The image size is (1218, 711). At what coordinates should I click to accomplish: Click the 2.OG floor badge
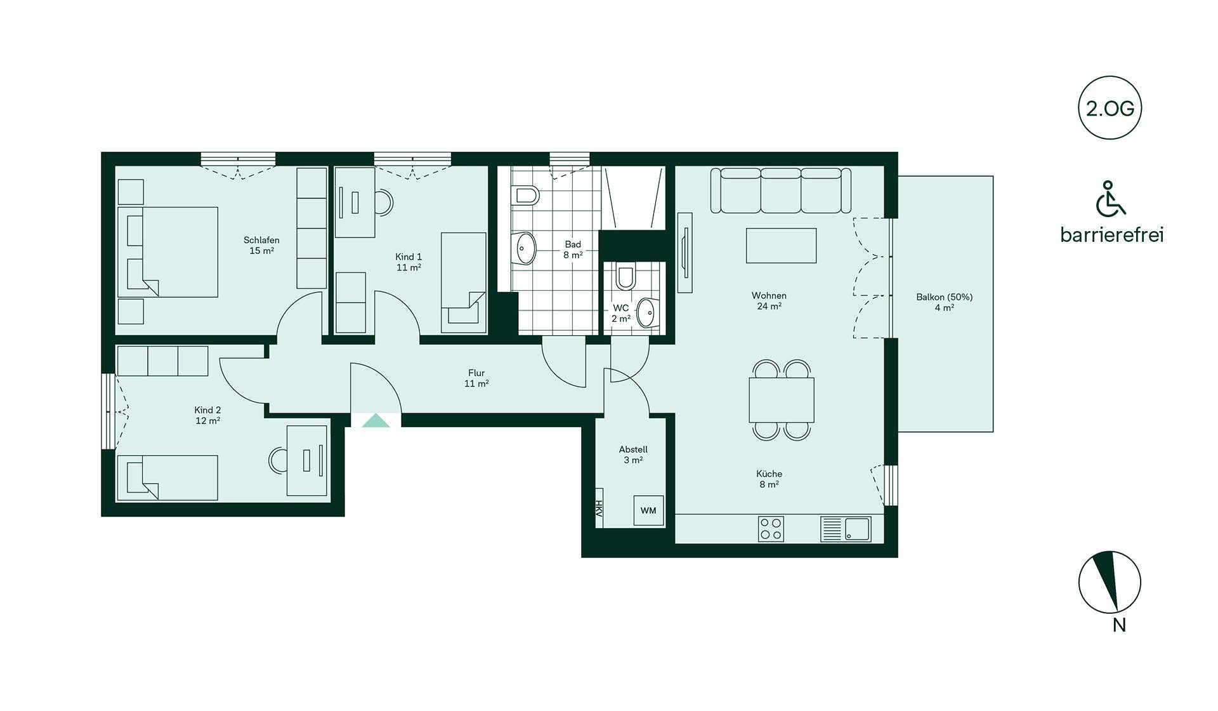(1110, 108)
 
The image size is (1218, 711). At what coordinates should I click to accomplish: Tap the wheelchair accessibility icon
(1110, 199)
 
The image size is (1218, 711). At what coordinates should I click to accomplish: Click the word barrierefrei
(1112, 235)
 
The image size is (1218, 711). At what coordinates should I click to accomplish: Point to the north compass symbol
(1110, 582)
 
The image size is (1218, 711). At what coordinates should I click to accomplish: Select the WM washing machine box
(648, 510)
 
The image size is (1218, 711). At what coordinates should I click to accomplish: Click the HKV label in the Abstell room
(598, 508)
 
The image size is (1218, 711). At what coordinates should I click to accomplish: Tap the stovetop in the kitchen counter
(771, 529)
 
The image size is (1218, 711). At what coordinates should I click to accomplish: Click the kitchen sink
(846, 529)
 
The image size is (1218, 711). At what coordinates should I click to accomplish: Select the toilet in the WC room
(625, 276)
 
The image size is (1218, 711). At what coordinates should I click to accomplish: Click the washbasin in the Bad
(525, 248)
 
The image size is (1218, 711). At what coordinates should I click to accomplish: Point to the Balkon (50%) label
(944, 302)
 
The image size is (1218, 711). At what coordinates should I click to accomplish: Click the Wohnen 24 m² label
(769, 301)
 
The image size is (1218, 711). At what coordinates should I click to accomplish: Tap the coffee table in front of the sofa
(781, 246)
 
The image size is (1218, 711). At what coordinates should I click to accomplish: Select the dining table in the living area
(782, 400)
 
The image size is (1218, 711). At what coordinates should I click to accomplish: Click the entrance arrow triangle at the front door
(376, 420)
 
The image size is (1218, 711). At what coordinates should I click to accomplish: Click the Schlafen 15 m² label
(261, 246)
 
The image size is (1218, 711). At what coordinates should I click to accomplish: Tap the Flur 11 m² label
(476, 378)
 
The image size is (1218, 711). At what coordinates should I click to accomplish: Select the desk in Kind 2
(307, 460)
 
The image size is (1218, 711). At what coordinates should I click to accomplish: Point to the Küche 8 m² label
(769, 479)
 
